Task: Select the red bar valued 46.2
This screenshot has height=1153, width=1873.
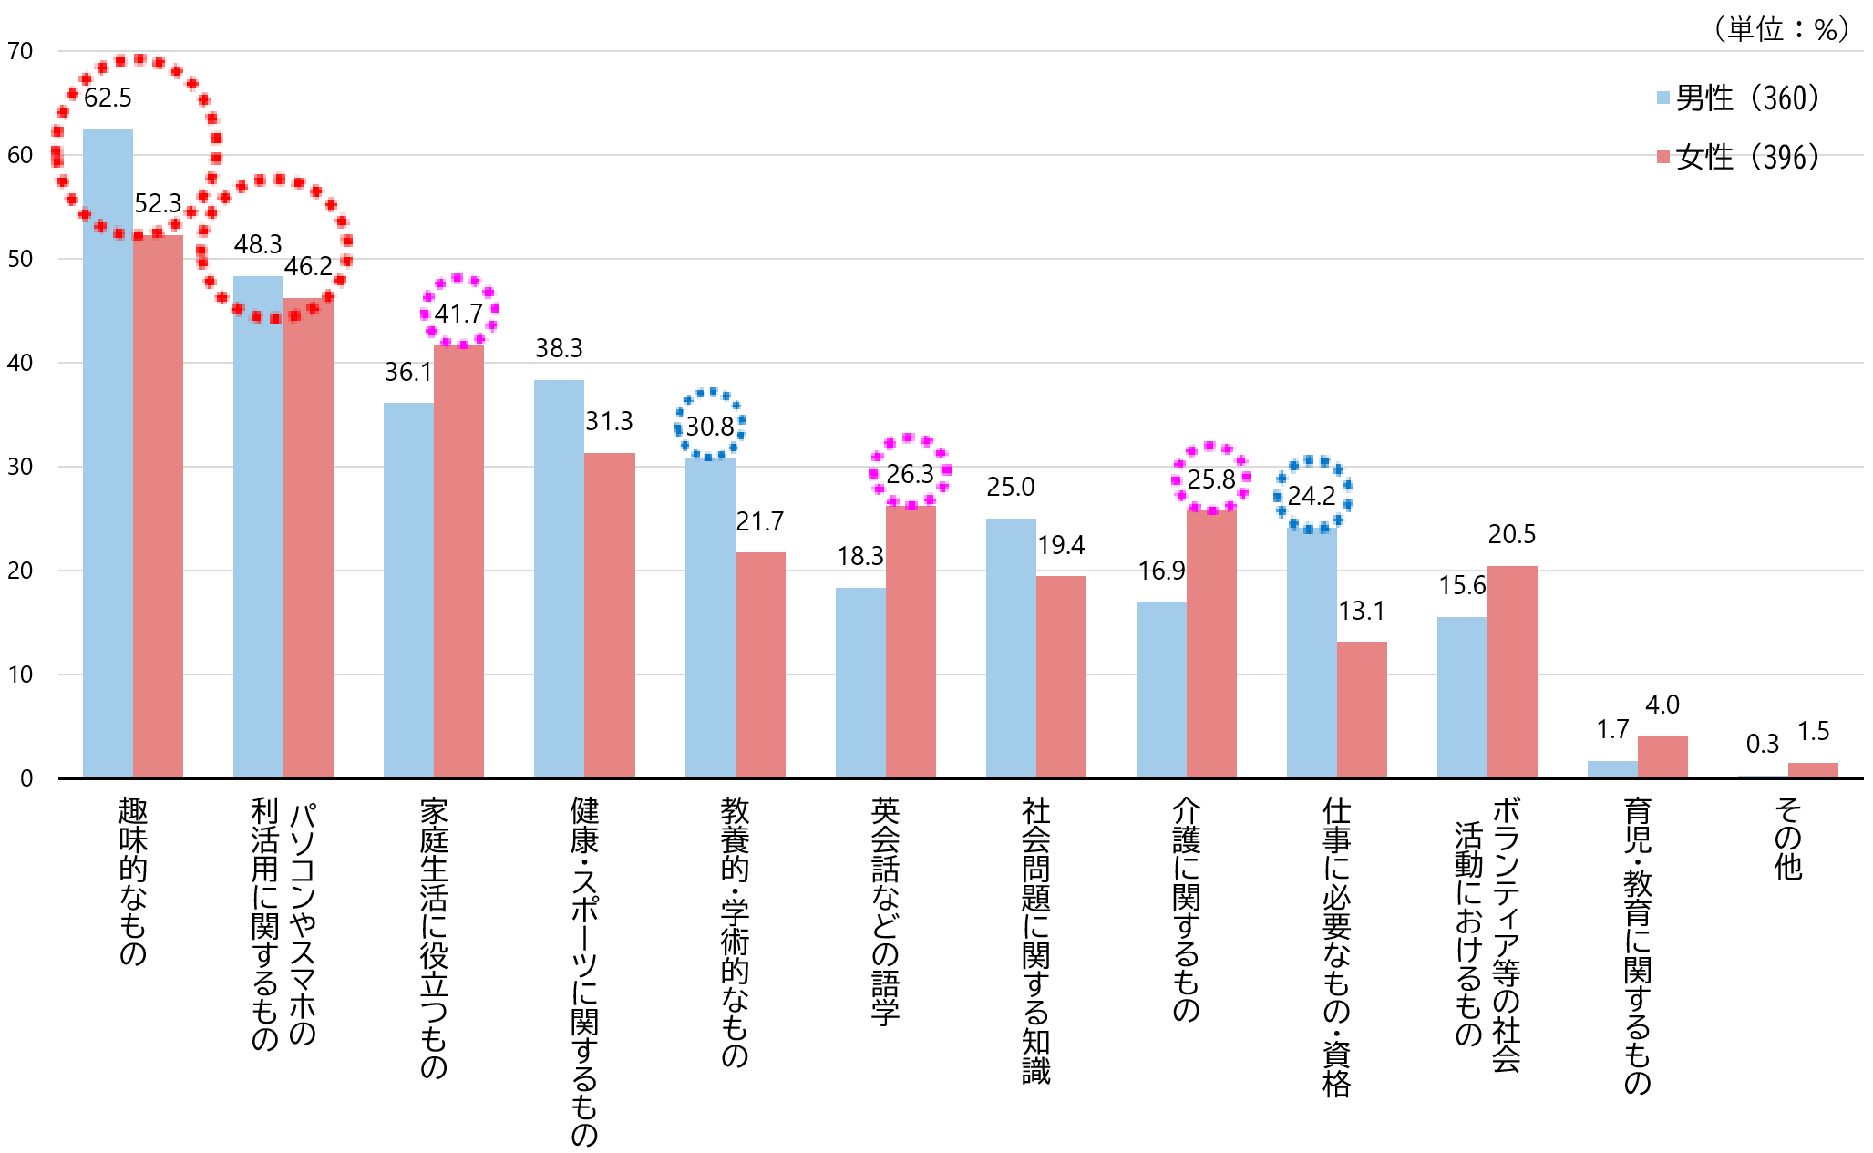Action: coord(308,538)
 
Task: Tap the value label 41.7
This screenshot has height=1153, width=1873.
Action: coord(458,314)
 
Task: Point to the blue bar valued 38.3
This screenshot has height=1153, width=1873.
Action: coord(559,579)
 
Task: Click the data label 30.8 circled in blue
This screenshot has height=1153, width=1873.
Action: coord(710,427)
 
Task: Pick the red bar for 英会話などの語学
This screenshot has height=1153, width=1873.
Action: coord(911,642)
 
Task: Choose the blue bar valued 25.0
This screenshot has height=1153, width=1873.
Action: coord(1011,648)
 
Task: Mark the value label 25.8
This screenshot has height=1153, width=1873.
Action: coord(1211,479)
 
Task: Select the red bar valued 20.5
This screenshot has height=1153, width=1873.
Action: coord(1512,672)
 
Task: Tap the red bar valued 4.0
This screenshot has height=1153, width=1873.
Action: coord(1662,757)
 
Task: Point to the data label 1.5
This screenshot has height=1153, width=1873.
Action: coord(1813,731)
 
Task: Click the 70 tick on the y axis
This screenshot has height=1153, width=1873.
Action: coord(20,52)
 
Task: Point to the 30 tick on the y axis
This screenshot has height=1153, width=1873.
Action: coord(20,468)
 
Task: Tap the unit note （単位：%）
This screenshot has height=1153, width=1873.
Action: coord(1781,30)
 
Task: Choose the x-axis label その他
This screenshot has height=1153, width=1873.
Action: coord(1788,839)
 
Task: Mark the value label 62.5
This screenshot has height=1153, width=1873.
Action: coord(108,98)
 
